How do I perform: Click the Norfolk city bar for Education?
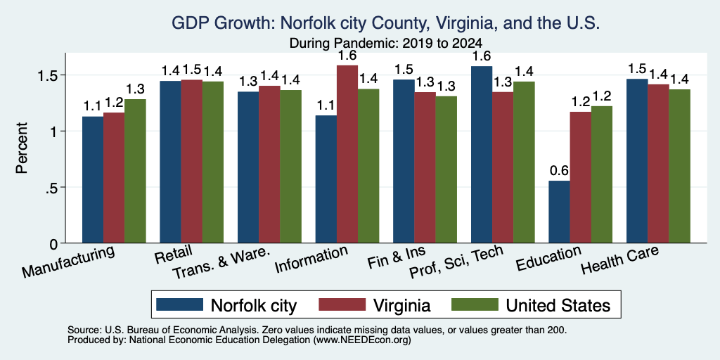559,212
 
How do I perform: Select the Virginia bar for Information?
347,154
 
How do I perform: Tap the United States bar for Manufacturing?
135,171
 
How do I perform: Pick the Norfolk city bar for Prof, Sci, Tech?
482,154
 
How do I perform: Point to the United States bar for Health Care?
680,166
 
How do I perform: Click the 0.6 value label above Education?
559,171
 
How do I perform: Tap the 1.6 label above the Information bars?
347,56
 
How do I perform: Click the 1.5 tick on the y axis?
51,75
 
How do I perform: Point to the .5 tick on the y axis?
54,187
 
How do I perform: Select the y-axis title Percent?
22,148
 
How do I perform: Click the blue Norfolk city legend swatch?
179,304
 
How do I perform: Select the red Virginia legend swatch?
342,304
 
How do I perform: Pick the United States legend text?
558,305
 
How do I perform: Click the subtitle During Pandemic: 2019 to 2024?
386,43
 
